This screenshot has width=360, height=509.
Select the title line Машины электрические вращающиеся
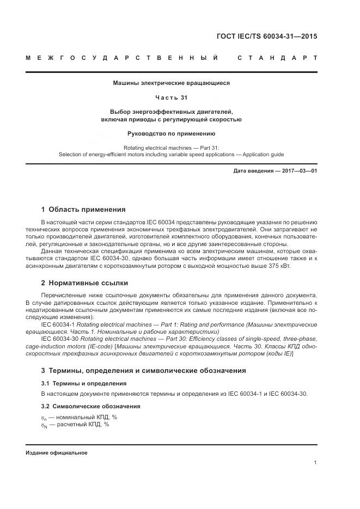[x=171, y=83]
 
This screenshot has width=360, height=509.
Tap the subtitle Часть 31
[x=171, y=98]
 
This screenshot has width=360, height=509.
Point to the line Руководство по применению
[x=171, y=133]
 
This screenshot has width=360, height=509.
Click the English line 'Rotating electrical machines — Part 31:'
[x=171, y=148]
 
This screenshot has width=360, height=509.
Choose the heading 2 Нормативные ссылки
[x=84, y=283]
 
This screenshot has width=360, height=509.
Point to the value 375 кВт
[x=279, y=267]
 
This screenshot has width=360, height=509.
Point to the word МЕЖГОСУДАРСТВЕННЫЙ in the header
[x=123, y=57]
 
